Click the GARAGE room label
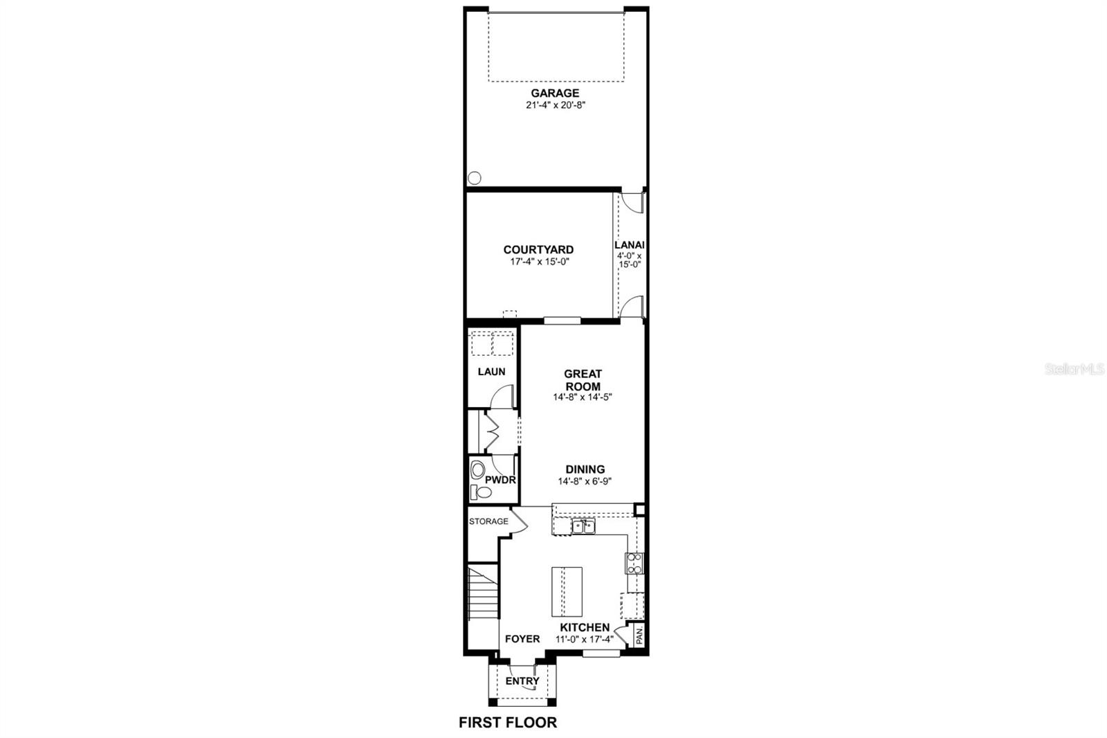coord(555,93)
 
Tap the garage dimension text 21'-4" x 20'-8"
coord(555,106)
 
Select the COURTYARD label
coord(538,250)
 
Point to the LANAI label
coord(630,244)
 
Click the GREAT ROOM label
coord(583,380)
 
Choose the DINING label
coord(585,469)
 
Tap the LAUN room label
coord(491,372)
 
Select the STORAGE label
coord(488,521)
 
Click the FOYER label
coord(522,639)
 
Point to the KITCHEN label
coord(585,628)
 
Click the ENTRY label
coord(522,681)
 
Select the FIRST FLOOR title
coord(508,723)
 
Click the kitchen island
coord(567,591)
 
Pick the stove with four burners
coord(634,564)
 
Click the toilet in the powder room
coord(482,492)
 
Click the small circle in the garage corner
coord(474,177)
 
